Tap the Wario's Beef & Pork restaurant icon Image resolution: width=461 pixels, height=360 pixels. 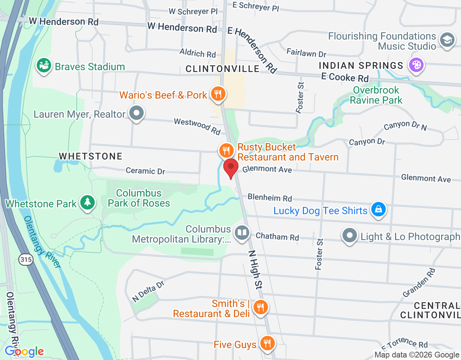tap(218, 94)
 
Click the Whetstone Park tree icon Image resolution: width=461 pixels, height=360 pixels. tap(87, 203)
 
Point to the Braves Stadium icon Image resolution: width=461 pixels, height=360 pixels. tap(44, 66)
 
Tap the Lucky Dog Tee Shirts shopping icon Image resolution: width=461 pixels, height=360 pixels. tap(378, 210)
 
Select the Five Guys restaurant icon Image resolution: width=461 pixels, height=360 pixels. tap(267, 343)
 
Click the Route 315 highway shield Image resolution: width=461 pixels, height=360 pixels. tap(26, 260)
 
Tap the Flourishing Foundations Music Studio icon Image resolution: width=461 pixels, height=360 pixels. tap(447, 40)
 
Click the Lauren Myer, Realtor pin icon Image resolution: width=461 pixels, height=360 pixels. tap(136, 113)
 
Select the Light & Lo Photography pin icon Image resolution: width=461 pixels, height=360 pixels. tap(349, 236)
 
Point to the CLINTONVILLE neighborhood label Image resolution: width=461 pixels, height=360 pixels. tap(222, 69)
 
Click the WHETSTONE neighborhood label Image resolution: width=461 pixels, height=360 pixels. tap(91, 156)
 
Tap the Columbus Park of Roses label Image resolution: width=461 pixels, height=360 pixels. tap(139, 198)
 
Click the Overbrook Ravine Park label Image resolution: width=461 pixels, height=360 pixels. tap(376, 95)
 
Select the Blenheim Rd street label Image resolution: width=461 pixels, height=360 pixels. tap(270, 198)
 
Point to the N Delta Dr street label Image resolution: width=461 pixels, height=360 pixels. tap(148, 291)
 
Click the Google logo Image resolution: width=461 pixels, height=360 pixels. tap(24, 351)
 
